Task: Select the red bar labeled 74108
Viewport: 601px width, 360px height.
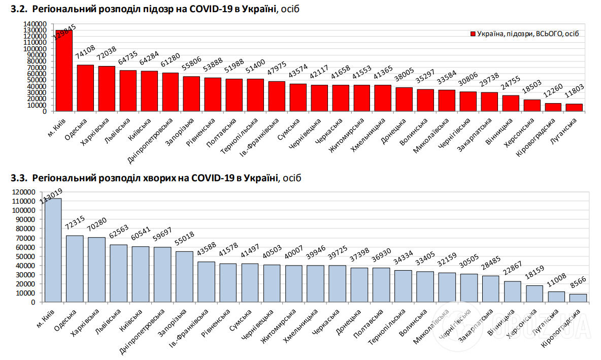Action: [x=85, y=87]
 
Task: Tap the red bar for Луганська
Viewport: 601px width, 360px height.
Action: [x=574, y=107]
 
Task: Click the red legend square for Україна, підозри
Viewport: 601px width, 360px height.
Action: [x=473, y=34]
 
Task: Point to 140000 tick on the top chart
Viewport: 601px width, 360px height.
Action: [x=35, y=24]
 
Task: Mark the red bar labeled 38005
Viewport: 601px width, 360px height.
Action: [x=404, y=99]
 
